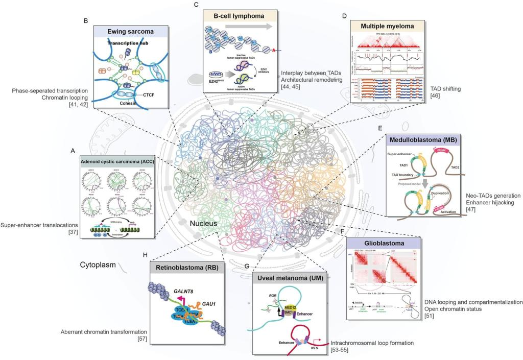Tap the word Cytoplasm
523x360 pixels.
point(98,265)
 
